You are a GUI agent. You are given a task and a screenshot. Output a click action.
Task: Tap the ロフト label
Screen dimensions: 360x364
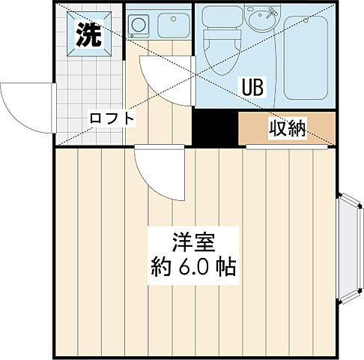(x=112, y=118)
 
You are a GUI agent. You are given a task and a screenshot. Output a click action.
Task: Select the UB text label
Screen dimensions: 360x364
(x=252, y=88)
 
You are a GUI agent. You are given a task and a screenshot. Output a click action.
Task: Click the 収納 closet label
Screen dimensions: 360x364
(x=288, y=130)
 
